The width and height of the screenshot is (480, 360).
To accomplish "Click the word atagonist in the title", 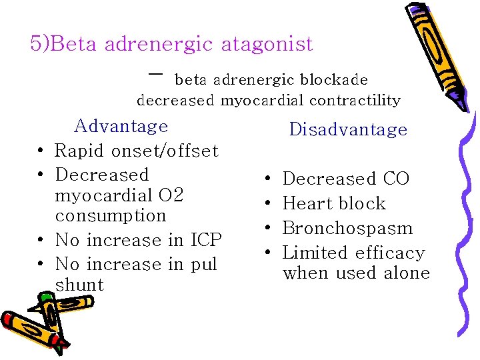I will [271, 45].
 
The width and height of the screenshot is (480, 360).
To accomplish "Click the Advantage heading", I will [121, 126].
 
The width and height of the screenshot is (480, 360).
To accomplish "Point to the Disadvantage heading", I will [348, 129].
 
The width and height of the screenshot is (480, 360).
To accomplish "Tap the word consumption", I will [111, 216].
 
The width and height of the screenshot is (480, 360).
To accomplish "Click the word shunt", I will [80, 285].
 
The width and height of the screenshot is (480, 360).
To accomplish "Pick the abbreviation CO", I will [396, 179].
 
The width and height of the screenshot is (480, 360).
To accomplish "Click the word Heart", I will [307, 203].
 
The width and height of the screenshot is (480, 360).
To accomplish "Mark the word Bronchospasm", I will [348, 228].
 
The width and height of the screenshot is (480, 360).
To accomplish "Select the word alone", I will [407, 273].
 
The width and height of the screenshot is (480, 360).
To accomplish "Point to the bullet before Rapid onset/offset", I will [41, 151].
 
